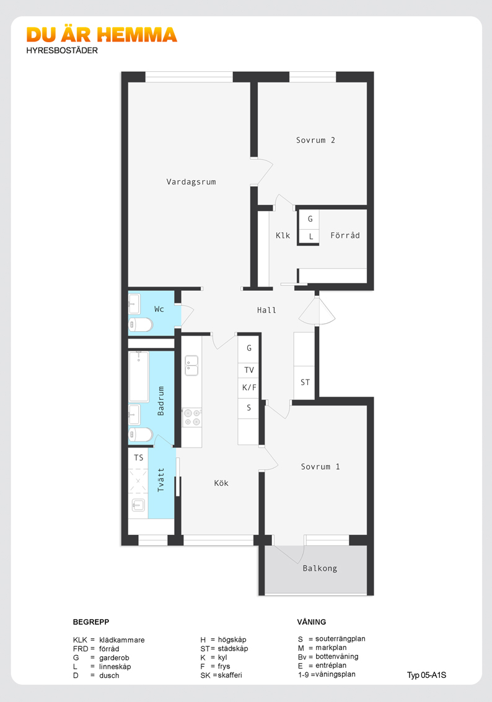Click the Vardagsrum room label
tap(191, 182)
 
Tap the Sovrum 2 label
tap(315, 140)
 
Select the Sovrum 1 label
tap(320, 467)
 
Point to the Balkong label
tap(320, 568)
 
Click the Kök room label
tap(221, 483)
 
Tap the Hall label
tap(266, 310)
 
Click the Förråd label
tap(345, 235)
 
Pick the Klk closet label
tap(283, 235)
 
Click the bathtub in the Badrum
tap(139, 377)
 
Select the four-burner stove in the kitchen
tap(192, 417)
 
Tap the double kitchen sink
tap(192, 365)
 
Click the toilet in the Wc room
tap(141, 324)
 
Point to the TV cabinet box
tap(248, 370)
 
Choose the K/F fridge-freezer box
tap(248, 388)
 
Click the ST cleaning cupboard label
tap(305, 383)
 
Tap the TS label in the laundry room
tap(138, 457)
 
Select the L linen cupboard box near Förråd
tap(310, 236)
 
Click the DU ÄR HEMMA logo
tap(102, 35)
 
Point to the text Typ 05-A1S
tap(426, 675)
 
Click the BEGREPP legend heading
tap(91, 622)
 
